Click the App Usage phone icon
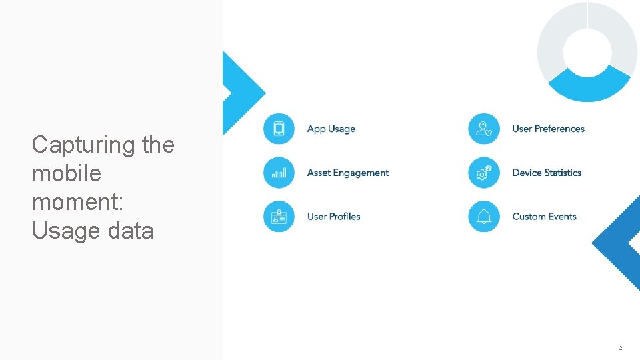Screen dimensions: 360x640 pyautogui.click(x=279, y=129)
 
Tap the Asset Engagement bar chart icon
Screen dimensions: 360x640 pyautogui.click(x=279, y=173)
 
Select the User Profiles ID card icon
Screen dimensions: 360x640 pyautogui.click(x=279, y=217)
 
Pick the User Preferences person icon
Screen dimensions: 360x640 pyautogui.click(x=484, y=129)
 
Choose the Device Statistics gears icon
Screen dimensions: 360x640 pyautogui.click(x=484, y=173)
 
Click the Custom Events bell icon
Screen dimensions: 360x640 pyautogui.click(x=484, y=217)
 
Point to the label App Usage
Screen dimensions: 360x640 pyautogui.click(x=331, y=129)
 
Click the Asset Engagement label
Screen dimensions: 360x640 pyautogui.click(x=347, y=173)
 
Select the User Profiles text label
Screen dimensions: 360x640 pyautogui.click(x=333, y=217)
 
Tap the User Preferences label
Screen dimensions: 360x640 pyautogui.click(x=548, y=129)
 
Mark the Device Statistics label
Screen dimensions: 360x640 pyautogui.click(x=547, y=173)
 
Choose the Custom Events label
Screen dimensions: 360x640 pyautogui.click(x=544, y=217)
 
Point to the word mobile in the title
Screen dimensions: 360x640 pyautogui.click(x=67, y=173)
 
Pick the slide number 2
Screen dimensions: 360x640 pyautogui.click(x=620, y=348)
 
